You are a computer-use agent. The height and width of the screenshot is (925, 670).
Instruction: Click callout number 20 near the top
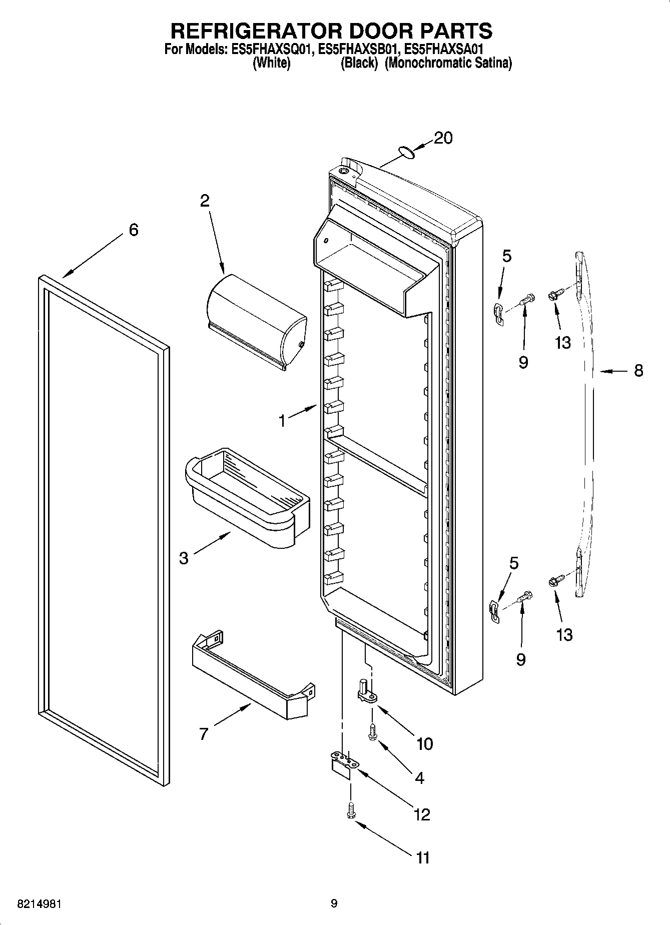(x=443, y=138)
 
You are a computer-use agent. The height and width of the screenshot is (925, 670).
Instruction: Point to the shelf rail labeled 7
(x=253, y=675)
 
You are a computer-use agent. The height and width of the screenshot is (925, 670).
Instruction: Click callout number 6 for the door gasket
(x=133, y=230)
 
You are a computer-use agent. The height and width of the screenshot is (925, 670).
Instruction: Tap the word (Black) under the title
(x=358, y=64)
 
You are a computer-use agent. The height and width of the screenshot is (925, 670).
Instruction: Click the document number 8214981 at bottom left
(x=40, y=903)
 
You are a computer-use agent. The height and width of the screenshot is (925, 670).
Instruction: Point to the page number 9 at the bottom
(x=334, y=903)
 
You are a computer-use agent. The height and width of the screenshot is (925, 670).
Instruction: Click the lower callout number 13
(x=564, y=635)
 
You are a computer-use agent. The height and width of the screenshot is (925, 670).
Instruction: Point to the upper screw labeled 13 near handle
(x=556, y=296)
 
